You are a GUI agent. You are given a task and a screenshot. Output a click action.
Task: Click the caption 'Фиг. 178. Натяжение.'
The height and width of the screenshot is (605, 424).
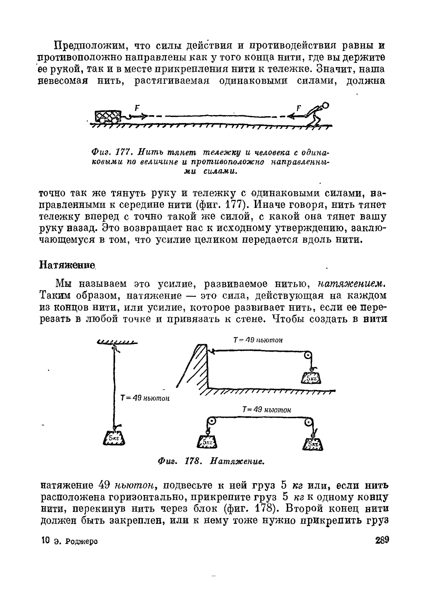point(211,461)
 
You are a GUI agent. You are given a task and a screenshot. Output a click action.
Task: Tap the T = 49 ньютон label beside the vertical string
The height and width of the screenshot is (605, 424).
point(145,398)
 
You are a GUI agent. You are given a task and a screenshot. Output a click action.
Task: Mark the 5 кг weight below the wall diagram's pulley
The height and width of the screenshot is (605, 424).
point(311,379)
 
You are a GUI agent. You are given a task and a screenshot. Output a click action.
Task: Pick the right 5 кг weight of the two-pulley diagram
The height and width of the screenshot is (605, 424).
point(313,444)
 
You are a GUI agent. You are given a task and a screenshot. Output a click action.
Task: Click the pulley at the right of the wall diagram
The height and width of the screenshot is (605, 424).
point(308,355)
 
